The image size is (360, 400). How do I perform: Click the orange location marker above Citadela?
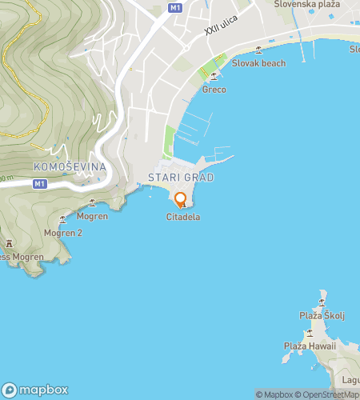point(181,199)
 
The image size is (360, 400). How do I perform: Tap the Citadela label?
point(182,217)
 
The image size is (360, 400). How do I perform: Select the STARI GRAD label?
point(182,178)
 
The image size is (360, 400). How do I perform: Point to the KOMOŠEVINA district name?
point(70,166)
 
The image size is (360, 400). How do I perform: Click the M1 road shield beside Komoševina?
point(39,184)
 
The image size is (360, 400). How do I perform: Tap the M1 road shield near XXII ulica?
point(176,7)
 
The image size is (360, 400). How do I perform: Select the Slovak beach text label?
point(258,62)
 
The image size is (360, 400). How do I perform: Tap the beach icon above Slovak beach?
point(258,50)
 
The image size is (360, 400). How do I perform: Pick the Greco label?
point(214,90)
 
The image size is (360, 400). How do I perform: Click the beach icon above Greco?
point(214,77)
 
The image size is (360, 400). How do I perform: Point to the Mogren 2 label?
point(63,233)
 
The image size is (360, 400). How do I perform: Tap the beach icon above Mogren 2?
point(63,221)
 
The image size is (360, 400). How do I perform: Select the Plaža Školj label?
point(322,315)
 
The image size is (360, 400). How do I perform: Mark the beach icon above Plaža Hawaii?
point(309,333)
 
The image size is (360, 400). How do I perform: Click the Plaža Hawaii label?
point(309,346)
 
